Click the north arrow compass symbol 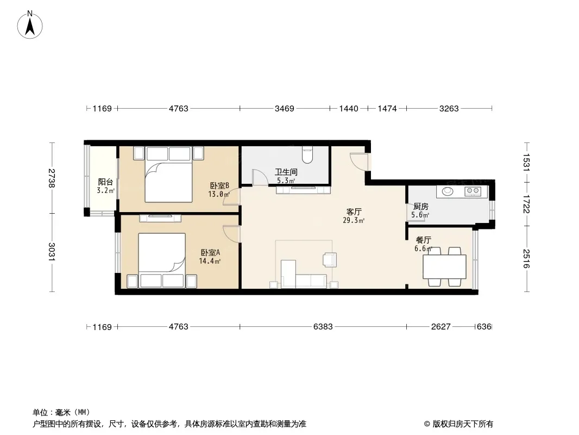coord(30,25)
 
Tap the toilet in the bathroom coord(307,154)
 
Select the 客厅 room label coord(354,212)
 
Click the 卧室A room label coord(211,252)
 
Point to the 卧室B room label coord(220,185)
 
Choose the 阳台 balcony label coord(105,182)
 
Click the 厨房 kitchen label coord(420,207)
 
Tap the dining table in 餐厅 coord(445,267)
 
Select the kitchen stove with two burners coord(473,191)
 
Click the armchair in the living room coord(330,259)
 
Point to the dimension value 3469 coord(284,109)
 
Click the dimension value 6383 coord(323,327)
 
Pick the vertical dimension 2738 coord(52,178)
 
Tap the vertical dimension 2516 coord(526,259)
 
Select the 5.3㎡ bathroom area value coord(286,181)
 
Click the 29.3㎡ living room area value coord(354,221)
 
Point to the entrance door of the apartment coord(360,161)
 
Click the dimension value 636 coord(484,327)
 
